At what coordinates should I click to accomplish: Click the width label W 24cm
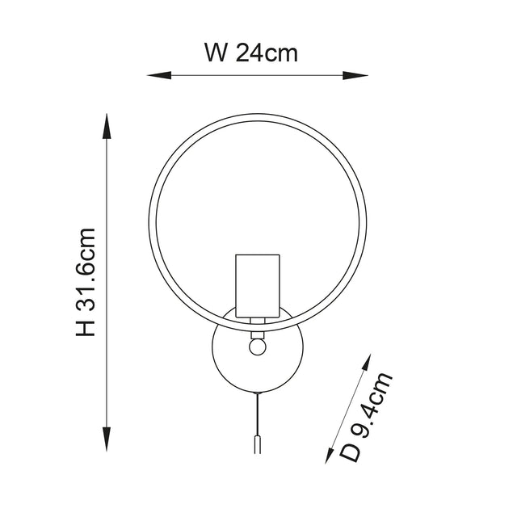pyautogui.click(x=251, y=53)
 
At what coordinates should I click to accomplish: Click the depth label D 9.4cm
pyautogui.click(x=372, y=417)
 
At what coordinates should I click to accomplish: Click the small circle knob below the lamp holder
pyautogui.click(x=258, y=345)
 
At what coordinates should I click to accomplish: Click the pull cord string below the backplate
pyautogui.click(x=258, y=412)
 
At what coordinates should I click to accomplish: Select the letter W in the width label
pyautogui.click(x=214, y=53)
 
